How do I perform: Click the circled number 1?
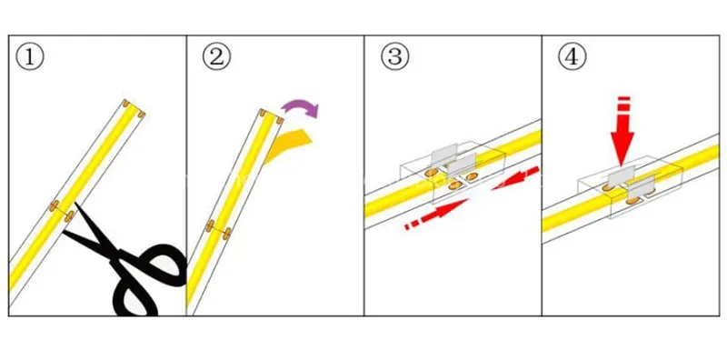click(31, 58)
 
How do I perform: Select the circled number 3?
click(393, 58)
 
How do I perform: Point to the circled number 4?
click(570, 58)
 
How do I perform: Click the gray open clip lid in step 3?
click(443, 155)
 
